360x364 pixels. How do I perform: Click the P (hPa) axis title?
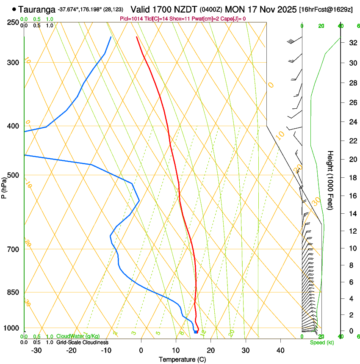[x=4, y=188]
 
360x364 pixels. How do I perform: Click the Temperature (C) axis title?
[x=182, y=359]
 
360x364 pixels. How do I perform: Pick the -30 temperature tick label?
[x=36, y=350]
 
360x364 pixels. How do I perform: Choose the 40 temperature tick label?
[x=280, y=350]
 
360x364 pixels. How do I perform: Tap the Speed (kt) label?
[x=322, y=342]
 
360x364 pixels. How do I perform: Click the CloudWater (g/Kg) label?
[x=78, y=336]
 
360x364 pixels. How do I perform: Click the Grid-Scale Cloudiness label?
[x=82, y=342]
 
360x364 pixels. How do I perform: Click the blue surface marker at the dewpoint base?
[x=196, y=332]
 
